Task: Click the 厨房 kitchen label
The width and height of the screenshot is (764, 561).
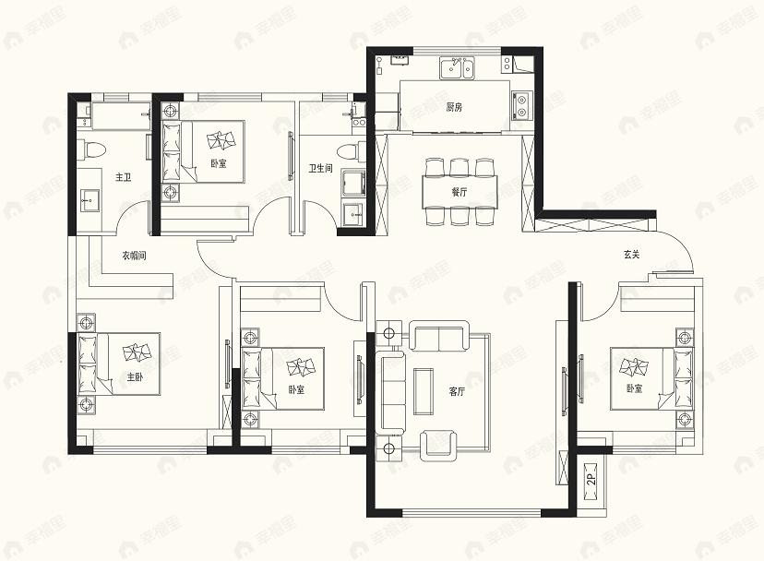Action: point(454,107)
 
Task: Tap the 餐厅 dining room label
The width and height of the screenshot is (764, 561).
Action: point(459,193)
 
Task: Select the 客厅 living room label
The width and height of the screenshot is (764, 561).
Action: point(458,391)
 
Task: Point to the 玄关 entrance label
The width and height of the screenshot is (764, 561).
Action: point(632,256)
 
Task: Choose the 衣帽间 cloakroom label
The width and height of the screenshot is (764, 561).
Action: point(135,256)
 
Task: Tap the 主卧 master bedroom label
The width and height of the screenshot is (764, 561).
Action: point(135,376)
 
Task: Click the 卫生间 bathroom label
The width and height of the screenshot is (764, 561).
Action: point(320,169)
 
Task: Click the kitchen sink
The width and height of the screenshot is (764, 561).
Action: point(456,66)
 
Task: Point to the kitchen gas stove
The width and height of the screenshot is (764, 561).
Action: point(521,106)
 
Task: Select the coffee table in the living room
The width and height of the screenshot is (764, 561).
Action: point(424,390)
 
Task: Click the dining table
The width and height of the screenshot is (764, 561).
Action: point(460,192)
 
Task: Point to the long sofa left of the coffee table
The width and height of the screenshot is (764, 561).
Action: point(393,391)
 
